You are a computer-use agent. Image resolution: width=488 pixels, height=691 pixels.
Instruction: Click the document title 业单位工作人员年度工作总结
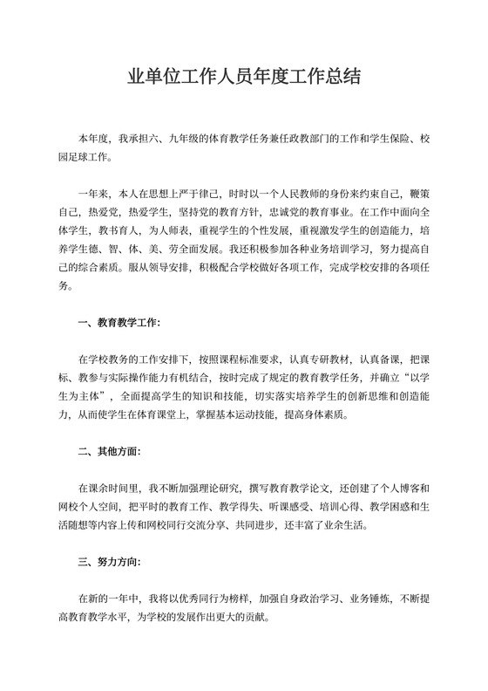coord(244,78)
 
